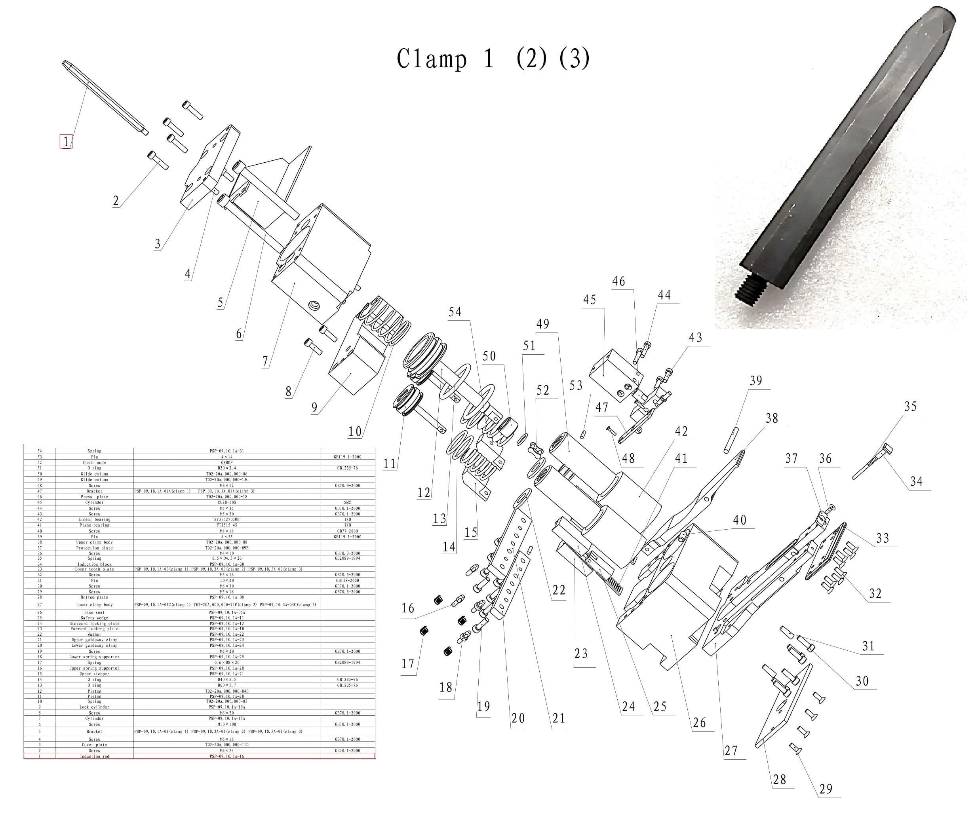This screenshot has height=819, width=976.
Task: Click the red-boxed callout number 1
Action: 66,142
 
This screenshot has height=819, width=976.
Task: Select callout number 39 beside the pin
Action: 756,381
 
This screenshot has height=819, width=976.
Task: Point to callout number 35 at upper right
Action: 910,407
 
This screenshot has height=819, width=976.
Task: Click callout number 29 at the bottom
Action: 826,789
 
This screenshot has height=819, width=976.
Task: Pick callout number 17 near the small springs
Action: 407,664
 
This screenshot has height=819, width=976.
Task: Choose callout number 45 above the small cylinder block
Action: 589,300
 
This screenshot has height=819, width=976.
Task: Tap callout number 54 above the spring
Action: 455,312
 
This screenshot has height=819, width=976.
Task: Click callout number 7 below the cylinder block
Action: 265,361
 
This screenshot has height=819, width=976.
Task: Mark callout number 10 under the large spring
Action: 355,432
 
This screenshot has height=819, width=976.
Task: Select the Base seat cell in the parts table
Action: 94,613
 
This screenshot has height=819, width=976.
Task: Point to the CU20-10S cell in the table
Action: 226,503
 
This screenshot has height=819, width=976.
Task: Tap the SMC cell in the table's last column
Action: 347,503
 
